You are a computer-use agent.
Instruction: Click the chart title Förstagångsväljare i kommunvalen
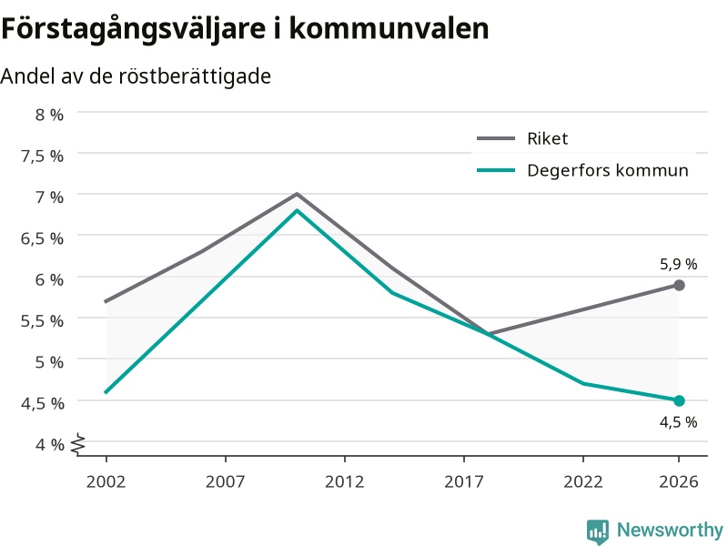[245, 29]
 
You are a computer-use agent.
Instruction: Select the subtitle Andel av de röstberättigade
[136, 76]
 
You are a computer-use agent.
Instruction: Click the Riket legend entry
[522, 138]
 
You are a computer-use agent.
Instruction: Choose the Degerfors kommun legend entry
[582, 170]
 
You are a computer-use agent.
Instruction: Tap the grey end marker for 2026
[679, 285]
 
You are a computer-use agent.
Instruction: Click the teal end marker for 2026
[679, 400]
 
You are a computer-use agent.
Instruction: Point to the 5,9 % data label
[678, 264]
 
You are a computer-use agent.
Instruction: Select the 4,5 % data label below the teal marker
[678, 422]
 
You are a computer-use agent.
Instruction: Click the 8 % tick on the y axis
[49, 115]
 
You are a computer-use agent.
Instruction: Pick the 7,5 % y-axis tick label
[42, 156]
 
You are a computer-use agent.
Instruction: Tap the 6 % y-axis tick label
[49, 279]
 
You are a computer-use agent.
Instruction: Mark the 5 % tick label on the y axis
[49, 361]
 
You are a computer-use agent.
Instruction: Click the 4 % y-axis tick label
[49, 444]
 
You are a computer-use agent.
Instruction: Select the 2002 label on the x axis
[106, 481]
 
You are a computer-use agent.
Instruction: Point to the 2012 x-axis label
[345, 481]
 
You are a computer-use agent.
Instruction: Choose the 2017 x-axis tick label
[464, 481]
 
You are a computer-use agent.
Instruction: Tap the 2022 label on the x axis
[583, 481]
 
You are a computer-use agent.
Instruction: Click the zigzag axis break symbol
[78, 444]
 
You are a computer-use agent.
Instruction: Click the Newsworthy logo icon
[598, 531]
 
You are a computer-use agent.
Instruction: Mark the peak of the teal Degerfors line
[298, 210]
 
